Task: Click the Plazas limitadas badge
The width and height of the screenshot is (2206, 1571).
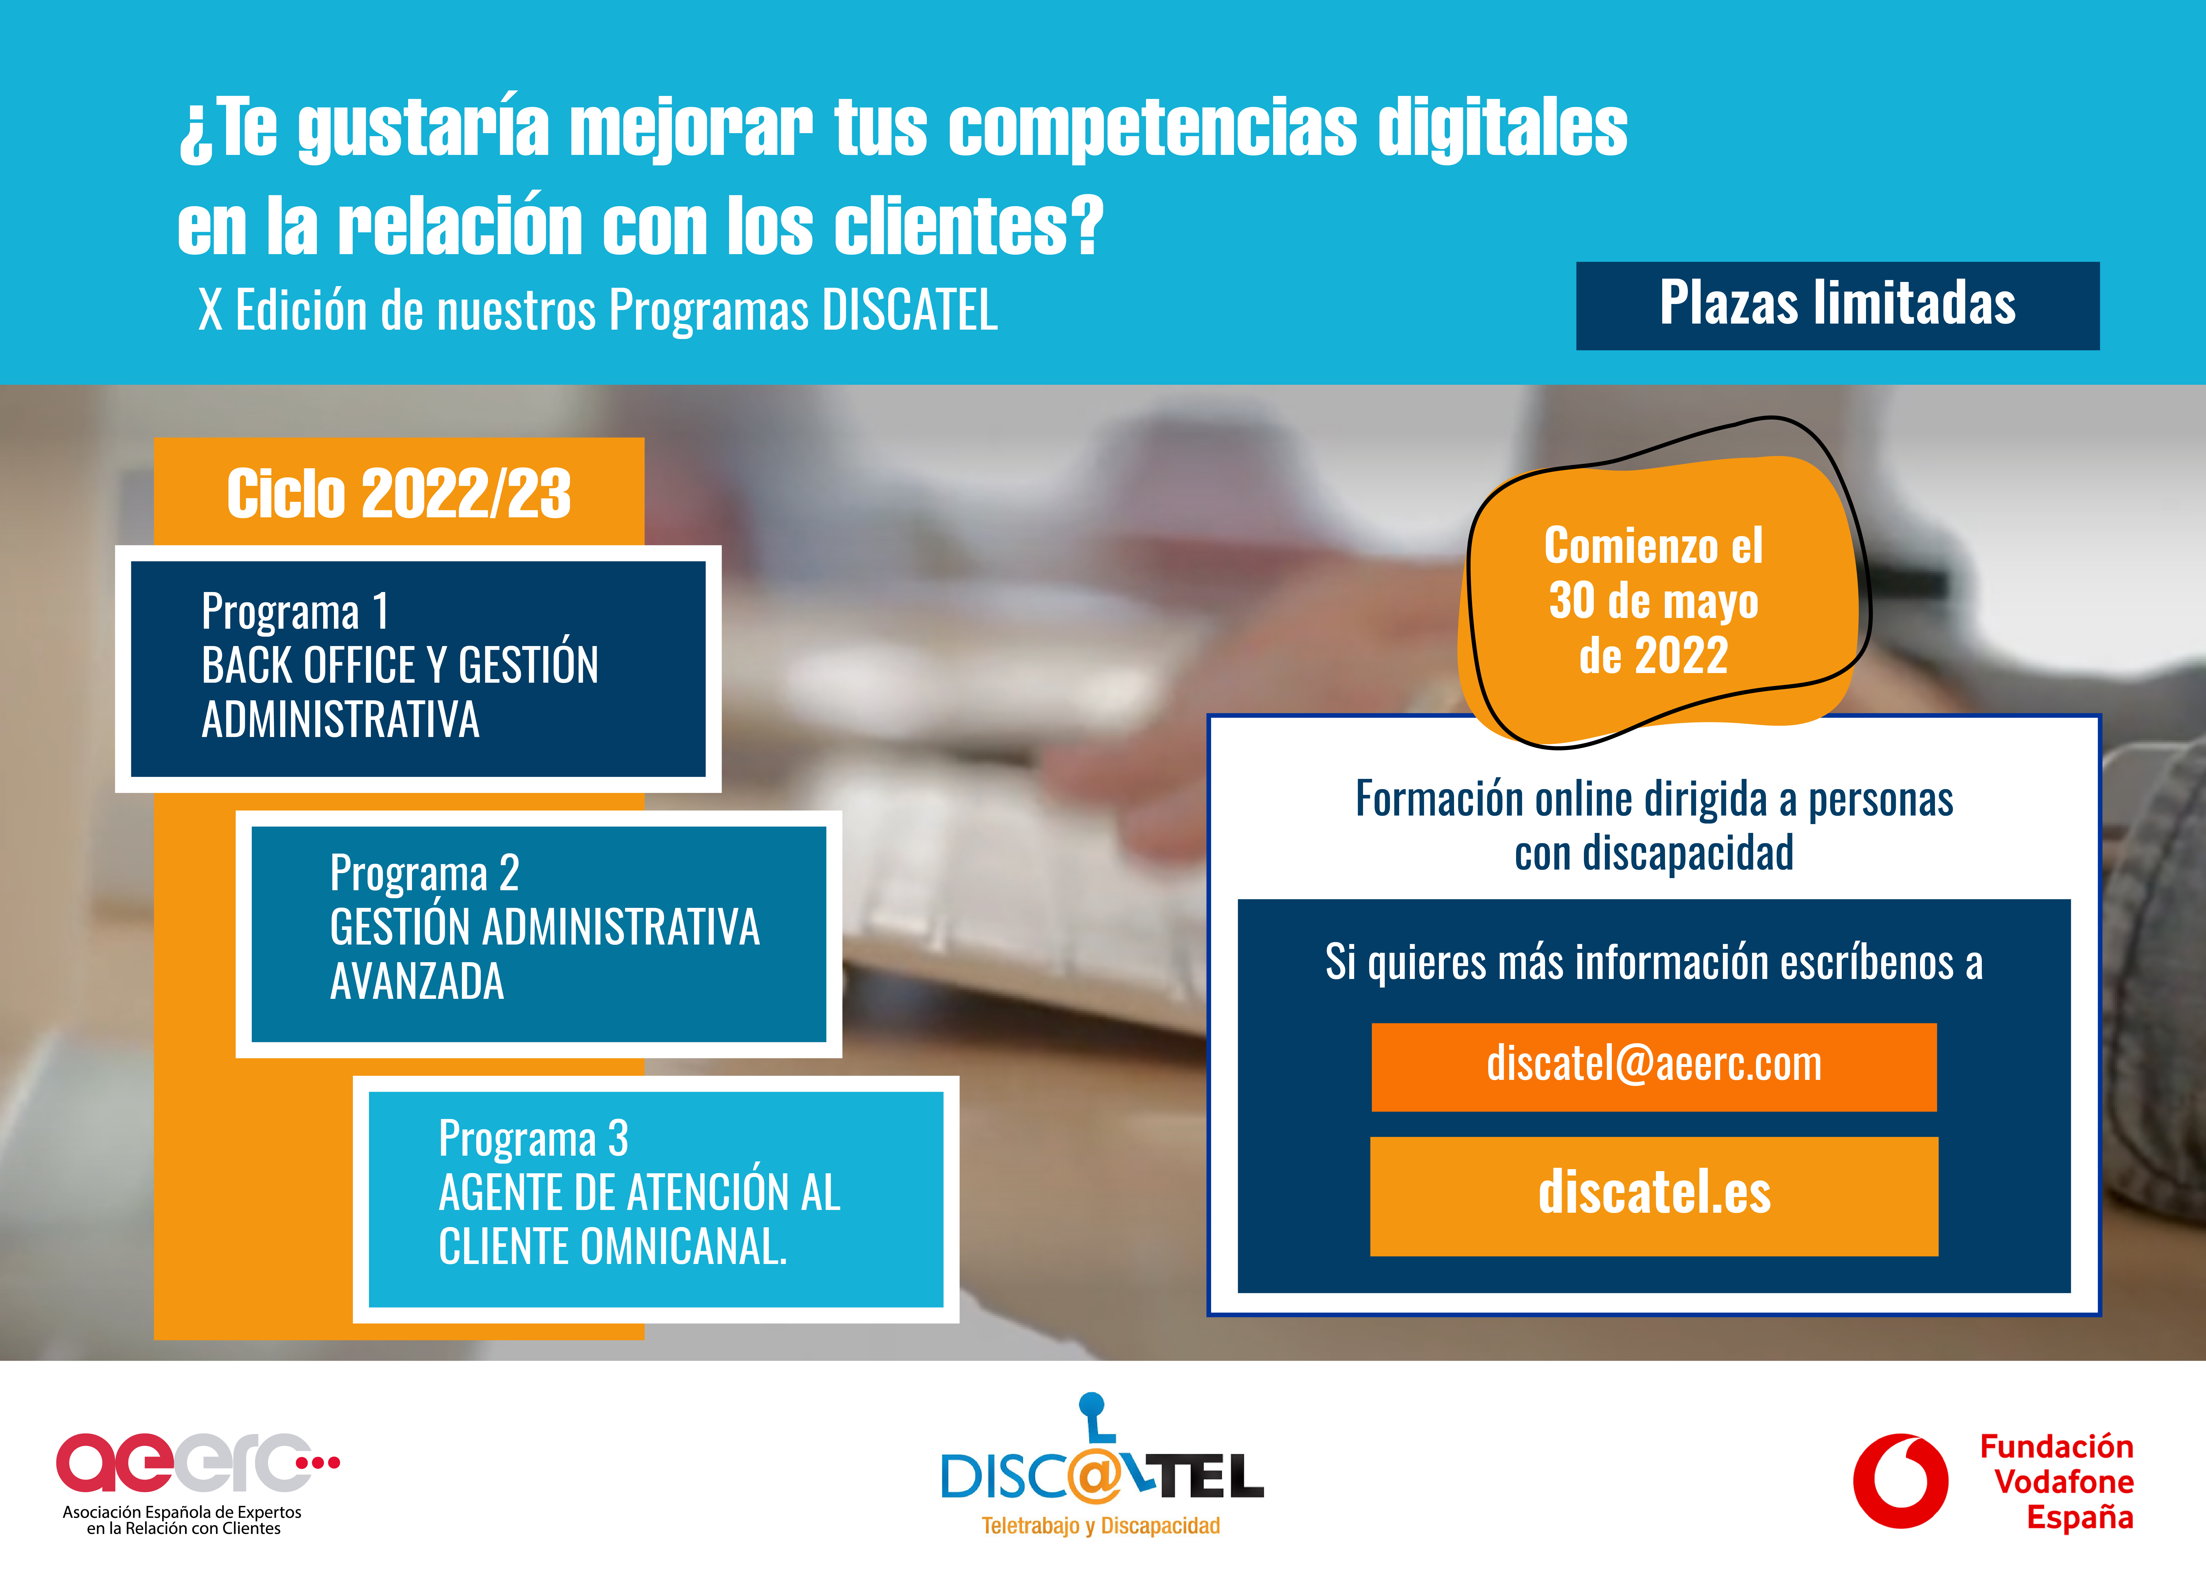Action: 1837,306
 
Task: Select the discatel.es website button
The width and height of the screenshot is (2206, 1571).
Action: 1653,1196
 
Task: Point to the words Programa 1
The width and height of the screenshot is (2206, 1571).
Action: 295,611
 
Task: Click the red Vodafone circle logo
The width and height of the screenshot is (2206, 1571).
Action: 1900,1481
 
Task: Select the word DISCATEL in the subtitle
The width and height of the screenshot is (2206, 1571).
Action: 909,311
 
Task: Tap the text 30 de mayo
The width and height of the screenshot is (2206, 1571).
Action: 1653,602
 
